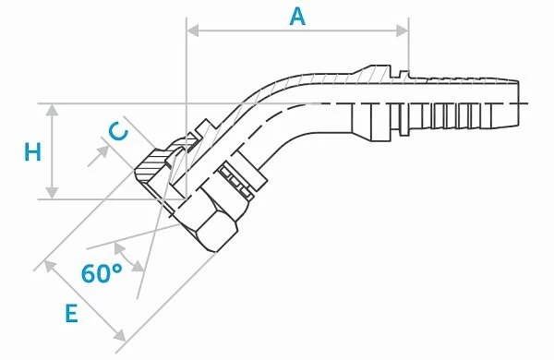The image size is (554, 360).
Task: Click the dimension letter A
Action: click(297, 17)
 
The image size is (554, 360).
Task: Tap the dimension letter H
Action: click(32, 152)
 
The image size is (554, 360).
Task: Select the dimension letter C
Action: click(117, 132)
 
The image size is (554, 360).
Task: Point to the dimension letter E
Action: click(72, 313)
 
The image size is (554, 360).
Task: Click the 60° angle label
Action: click(102, 272)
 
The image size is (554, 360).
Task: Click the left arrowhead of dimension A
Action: click(193, 30)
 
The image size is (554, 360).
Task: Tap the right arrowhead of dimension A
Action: click(403, 30)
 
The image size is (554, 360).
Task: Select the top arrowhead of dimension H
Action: click(53, 110)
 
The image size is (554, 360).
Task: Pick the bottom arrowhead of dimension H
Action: click(53, 193)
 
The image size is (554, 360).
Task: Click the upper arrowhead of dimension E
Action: click(50, 267)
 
